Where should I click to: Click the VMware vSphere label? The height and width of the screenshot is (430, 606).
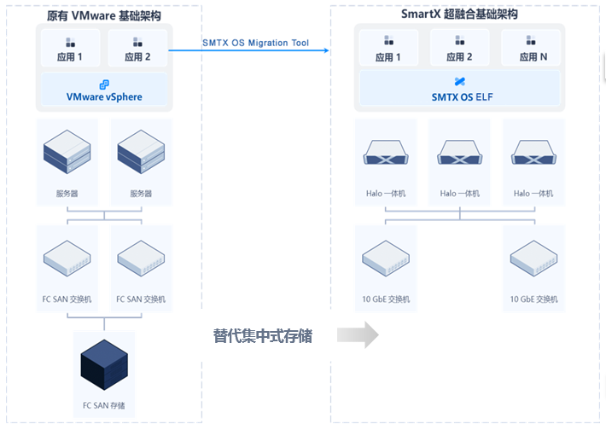click(x=104, y=96)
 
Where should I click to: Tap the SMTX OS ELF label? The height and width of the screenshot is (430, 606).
click(x=462, y=97)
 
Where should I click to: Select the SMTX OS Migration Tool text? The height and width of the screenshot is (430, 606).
click(x=255, y=43)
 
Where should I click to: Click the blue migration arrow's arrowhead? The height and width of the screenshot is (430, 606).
click(x=327, y=50)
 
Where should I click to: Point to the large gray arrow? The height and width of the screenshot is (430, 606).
click(x=358, y=335)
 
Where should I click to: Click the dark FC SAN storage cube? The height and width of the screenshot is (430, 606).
click(x=104, y=364)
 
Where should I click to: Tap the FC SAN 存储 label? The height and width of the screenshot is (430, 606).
click(x=103, y=405)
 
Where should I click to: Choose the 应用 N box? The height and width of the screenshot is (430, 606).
click(x=531, y=47)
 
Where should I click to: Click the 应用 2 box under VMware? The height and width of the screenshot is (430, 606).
click(x=137, y=48)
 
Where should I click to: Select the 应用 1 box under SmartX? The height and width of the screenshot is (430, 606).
click(x=388, y=47)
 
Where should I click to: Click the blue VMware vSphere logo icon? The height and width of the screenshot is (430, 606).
click(x=104, y=84)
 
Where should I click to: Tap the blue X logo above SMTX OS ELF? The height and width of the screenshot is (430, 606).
click(x=460, y=82)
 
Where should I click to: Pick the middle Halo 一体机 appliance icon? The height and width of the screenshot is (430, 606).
click(x=459, y=152)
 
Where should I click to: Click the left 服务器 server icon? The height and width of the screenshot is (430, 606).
click(x=67, y=152)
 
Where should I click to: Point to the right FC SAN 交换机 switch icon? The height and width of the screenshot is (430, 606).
click(x=141, y=258)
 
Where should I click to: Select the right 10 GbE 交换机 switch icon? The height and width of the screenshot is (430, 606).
click(x=533, y=258)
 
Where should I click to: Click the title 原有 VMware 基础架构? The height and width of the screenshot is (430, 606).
click(x=103, y=16)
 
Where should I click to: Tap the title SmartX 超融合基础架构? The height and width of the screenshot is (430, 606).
click(x=459, y=15)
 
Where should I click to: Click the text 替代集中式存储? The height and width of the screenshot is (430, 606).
click(x=263, y=336)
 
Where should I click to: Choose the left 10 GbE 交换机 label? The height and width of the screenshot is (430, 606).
click(x=386, y=299)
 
